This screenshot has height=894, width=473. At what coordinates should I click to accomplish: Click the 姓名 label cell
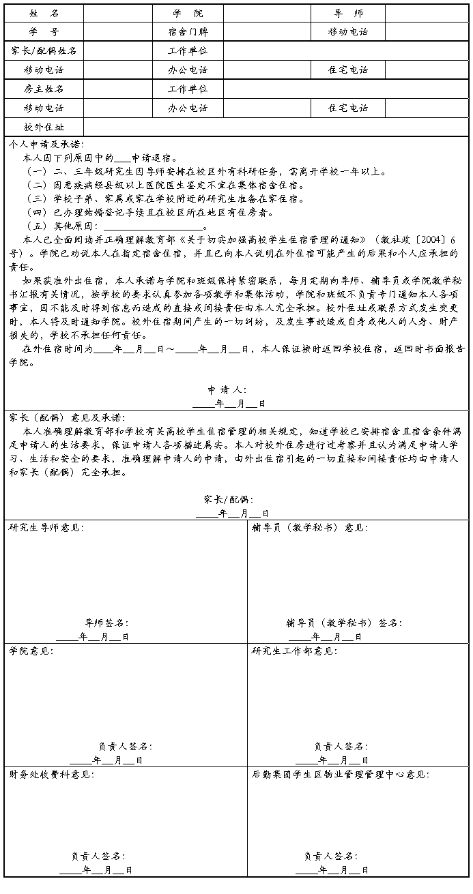[x=44, y=13]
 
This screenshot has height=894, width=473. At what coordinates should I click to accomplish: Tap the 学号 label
[x=44, y=31]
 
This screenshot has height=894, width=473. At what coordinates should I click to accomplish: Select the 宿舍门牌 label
[x=188, y=31]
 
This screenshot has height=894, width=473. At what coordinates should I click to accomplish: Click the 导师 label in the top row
[x=348, y=13]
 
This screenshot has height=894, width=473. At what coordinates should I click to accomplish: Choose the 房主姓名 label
[x=44, y=89]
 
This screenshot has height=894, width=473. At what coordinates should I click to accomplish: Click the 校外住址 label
[x=44, y=127]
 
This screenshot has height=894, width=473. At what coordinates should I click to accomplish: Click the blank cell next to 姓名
[x=117, y=13]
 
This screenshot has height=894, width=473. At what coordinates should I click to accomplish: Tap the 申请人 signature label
[x=227, y=390]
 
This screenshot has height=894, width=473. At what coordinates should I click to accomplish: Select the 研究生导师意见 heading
[x=47, y=527]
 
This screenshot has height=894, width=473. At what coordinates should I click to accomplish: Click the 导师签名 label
[x=106, y=623]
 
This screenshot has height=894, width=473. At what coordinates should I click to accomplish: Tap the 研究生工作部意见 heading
[x=294, y=651]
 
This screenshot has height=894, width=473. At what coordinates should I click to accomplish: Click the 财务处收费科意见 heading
[x=52, y=775]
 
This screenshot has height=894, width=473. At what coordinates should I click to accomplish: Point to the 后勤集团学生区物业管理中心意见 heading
[x=341, y=775]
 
